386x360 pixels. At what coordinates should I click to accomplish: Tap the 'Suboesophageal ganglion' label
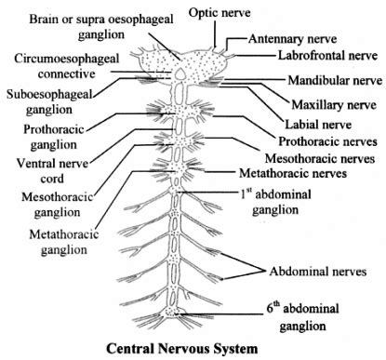47,102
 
